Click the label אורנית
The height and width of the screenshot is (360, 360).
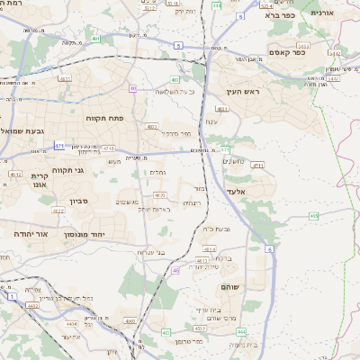[x=322, y=13]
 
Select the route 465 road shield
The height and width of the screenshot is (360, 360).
[x=313, y=216]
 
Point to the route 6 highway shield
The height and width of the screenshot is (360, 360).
[x=268, y=248]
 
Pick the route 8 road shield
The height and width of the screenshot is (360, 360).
[x=240, y=16]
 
